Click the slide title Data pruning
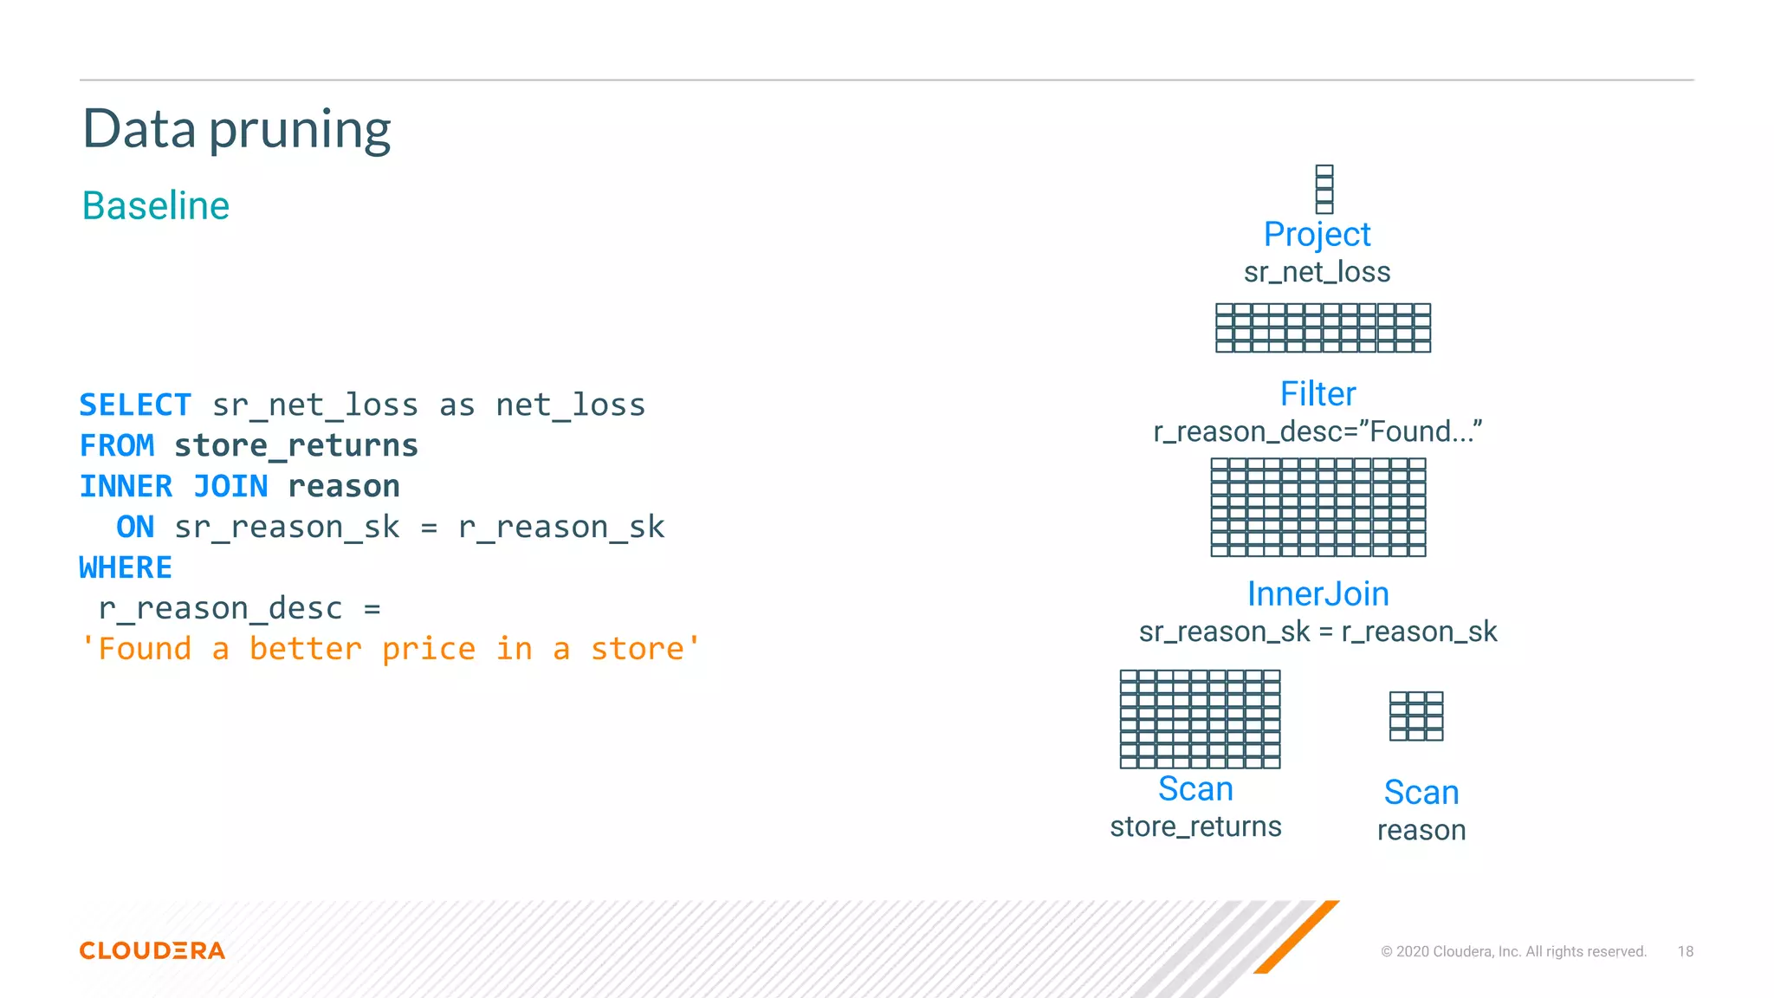(236, 130)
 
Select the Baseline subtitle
(156, 206)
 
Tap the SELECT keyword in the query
(135, 405)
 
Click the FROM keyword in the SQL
(117, 445)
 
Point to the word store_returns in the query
(296, 445)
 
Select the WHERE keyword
(126, 567)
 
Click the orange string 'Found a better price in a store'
(390, 649)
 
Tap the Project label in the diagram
(1317, 234)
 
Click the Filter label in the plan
(1318, 394)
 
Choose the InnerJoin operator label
(1318, 594)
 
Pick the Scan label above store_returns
(1195, 789)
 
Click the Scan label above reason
(1421, 793)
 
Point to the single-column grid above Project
(1324, 189)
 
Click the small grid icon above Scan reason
(1416, 716)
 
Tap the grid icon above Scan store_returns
(1200, 719)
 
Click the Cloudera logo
(152, 950)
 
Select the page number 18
(1685, 951)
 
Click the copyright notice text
(1513, 951)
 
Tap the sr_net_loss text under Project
(1317, 273)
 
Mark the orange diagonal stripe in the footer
(1297, 936)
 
